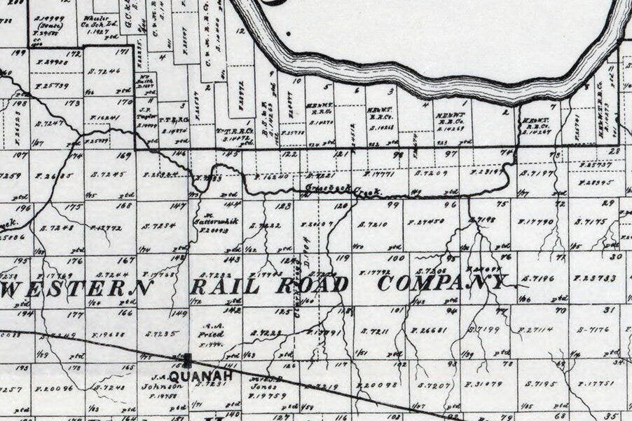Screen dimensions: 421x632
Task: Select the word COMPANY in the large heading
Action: coord(441,283)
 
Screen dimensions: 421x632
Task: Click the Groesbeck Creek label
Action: coord(342,190)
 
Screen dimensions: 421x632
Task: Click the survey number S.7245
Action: coord(108,174)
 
